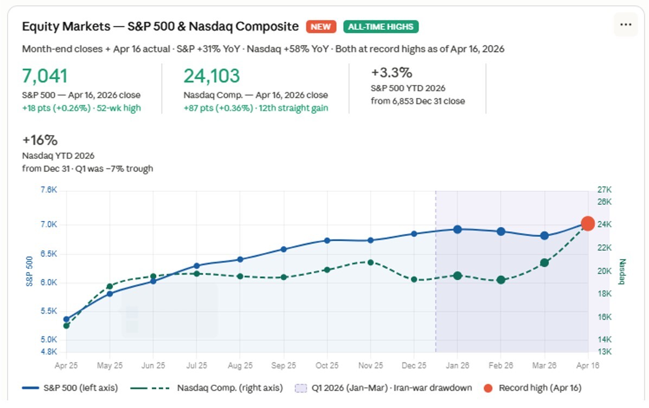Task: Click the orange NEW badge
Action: point(321,27)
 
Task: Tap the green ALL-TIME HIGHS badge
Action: point(381,27)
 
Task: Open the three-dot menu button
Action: point(626,25)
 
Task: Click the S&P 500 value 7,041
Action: point(45,76)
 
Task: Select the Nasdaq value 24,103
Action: point(211,76)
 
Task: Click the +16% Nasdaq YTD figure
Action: point(40,140)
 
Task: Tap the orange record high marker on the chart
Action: point(588,223)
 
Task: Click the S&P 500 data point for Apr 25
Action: point(66,320)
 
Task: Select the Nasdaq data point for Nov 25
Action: point(370,262)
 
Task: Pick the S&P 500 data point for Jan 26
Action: point(458,229)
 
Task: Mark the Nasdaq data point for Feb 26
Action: point(501,280)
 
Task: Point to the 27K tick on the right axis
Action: point(604,190)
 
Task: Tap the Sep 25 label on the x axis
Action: point(284,366)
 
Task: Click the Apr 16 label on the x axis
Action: point(588,366)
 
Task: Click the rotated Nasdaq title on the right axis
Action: point(622,271)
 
